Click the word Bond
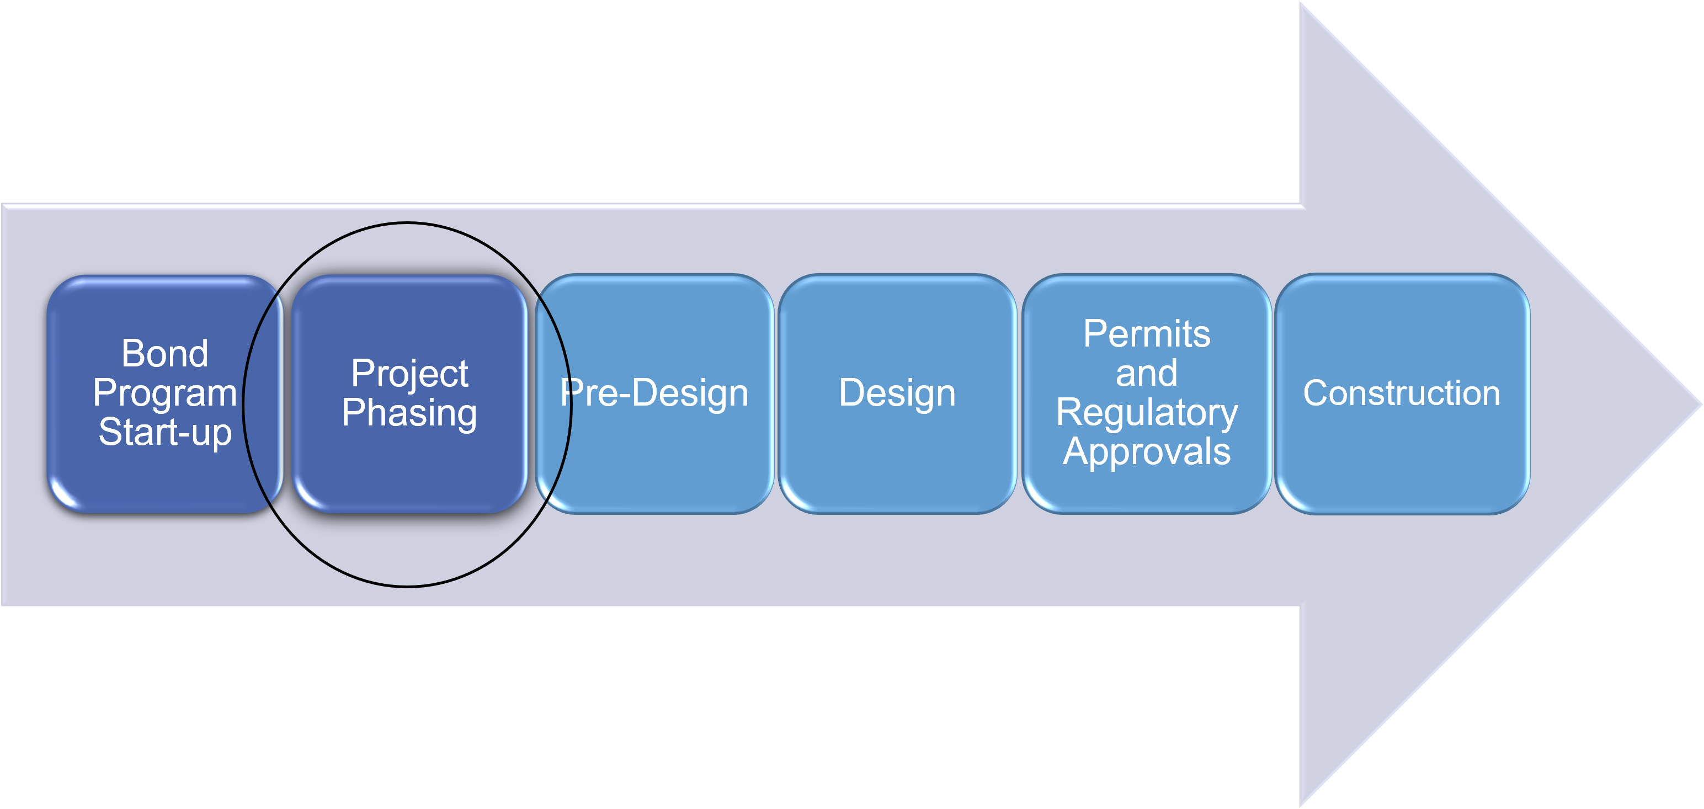164,353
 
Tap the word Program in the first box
164,394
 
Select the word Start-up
164,433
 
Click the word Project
409,374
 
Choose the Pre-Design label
654,393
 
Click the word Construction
1402,393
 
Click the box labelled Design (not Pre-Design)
898,393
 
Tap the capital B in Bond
133,353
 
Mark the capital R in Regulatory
1069,412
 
